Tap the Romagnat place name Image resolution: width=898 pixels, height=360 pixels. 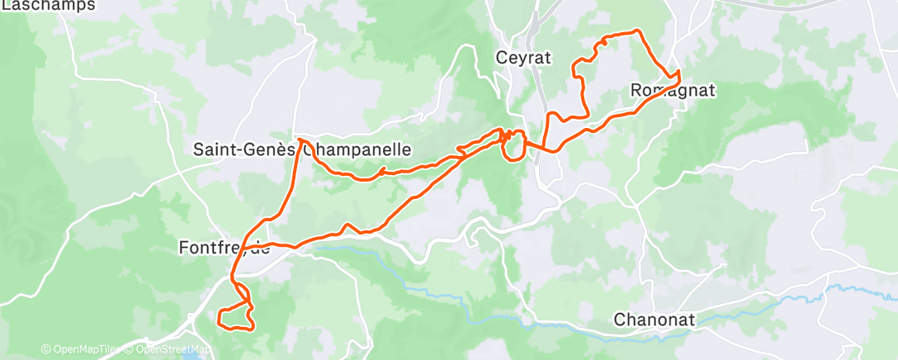pos(672,90)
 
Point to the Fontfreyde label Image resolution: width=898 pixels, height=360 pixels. pos(224,247)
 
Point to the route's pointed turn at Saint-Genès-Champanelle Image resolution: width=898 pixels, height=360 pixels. pos(298,140)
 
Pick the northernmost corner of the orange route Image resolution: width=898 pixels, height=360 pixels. pos(637,31)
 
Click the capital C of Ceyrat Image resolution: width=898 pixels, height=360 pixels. pos(501,58)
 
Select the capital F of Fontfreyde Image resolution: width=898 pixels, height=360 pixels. pos(184,247)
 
